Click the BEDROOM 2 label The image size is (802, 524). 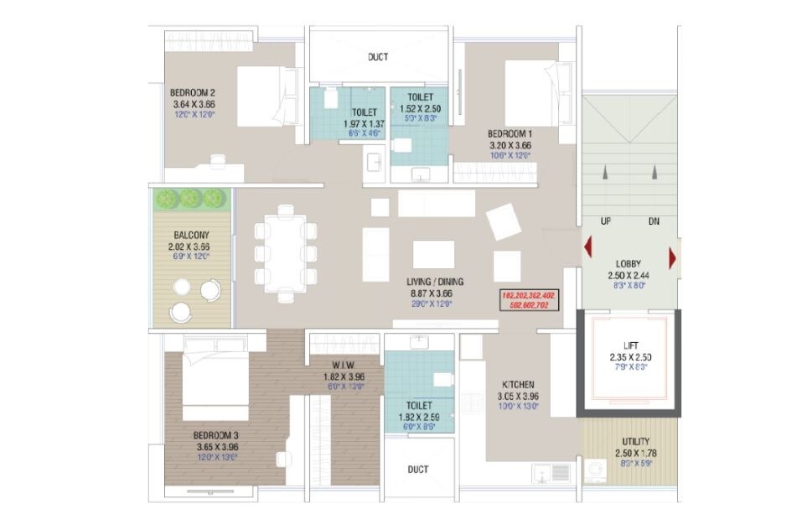tap(194, 92)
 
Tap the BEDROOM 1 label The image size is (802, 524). tap(510, 133)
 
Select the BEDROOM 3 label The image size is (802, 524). tap(216, 435)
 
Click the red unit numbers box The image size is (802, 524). tap(528, 300)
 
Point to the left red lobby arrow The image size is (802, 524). tap(588, 249)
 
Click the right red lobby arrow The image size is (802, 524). tap(672, 255)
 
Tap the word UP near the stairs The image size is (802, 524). tap(605, 221)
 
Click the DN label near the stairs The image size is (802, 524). tap(654, 221)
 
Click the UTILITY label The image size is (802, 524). tap(634, 442)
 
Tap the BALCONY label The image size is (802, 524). tap(192, 236)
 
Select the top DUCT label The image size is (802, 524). tap(378, 58)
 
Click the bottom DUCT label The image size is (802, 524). tap(418, 470)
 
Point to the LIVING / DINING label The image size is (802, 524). tap(436, 283)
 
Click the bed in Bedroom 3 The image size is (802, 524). tap(215, 383)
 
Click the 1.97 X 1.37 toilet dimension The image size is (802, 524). tap(363, 123)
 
